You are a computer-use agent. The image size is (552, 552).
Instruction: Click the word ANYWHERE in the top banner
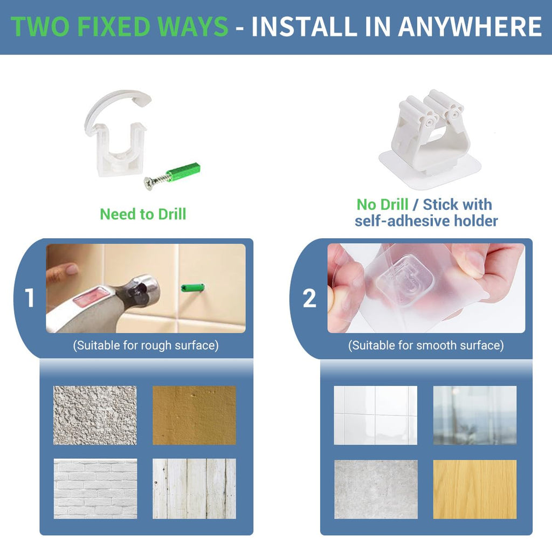click(470, 26)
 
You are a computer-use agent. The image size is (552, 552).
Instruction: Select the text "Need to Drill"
click(143, 214)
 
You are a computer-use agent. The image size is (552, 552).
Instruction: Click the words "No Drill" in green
click(382, 204)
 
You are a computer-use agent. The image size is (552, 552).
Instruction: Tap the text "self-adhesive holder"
click(426, 221)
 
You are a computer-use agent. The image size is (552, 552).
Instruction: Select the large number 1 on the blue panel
click(30, 298)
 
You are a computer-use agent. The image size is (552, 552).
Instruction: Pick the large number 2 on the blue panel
click(309, 298)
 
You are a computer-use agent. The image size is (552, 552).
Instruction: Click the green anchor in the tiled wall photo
click(192, 288)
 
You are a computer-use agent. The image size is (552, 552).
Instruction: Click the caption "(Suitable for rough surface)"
click(146, 346)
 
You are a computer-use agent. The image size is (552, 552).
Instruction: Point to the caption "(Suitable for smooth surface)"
click(426, 346)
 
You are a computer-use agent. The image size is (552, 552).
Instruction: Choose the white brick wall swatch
click(95, 488)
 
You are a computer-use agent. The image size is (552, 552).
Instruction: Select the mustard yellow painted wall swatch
click(194, 416)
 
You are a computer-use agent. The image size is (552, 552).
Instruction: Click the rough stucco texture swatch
click(95, 416)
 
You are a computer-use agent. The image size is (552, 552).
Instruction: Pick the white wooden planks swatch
click(194, 488)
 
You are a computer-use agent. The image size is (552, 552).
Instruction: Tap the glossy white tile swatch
click(376, 416)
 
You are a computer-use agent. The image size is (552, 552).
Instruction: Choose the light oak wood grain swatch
click(475, 489)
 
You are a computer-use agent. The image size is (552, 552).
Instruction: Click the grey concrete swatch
click(376, 489)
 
